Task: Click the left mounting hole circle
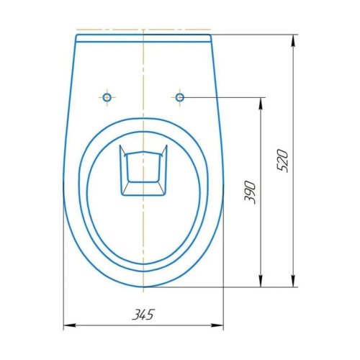pos(107,96)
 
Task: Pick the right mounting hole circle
pos(179,96)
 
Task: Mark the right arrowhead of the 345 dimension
pos(220,325)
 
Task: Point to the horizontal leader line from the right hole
pos(223,96)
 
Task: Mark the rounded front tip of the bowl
pos(144,286)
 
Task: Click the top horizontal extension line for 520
pos(252,33)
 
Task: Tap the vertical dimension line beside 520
pos(294,216)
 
